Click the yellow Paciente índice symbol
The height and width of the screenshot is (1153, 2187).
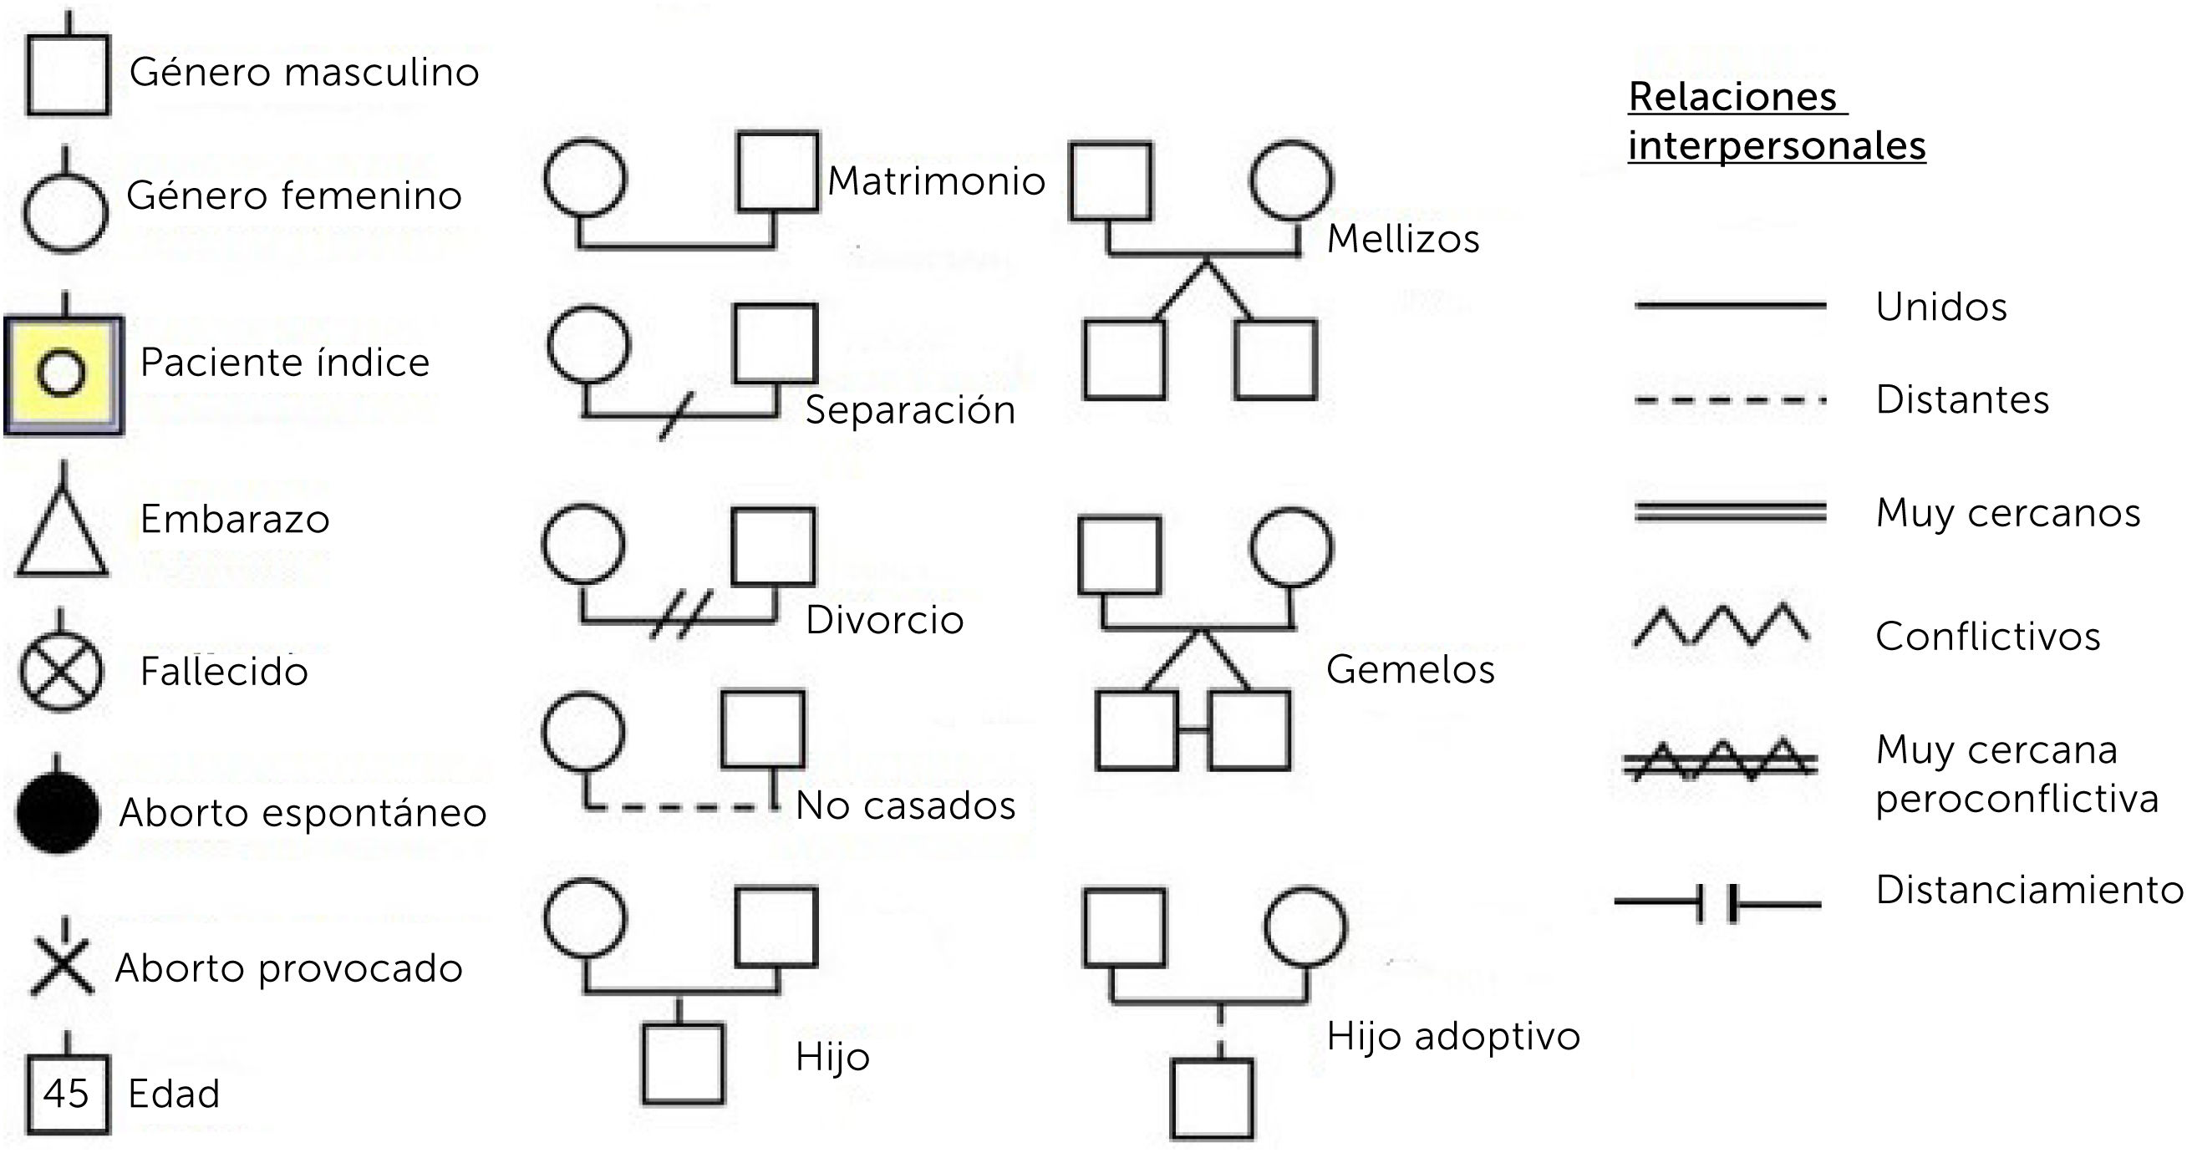64,373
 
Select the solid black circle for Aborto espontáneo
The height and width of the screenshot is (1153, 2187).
58,811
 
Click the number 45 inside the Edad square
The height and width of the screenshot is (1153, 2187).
66,1093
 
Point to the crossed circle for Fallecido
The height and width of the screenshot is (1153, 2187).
61,672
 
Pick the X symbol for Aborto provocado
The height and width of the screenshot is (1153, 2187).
62,968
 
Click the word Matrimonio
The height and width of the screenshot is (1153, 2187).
936,180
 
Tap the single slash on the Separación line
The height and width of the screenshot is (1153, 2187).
677,416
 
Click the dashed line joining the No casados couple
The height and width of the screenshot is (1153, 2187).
679,806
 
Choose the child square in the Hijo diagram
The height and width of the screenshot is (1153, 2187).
684,1064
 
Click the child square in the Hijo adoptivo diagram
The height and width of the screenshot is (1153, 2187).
1212,1099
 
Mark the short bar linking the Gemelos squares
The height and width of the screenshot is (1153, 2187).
1193,729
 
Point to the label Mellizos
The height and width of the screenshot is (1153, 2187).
1402,239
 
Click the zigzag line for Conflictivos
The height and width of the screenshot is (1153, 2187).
1721,626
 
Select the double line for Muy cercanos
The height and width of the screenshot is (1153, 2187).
1729,512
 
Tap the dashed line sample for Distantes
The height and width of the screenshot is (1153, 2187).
1729,400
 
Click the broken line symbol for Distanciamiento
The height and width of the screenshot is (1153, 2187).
1717,903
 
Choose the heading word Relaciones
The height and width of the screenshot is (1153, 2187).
1732,97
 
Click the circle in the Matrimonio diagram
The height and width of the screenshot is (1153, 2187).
585,177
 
